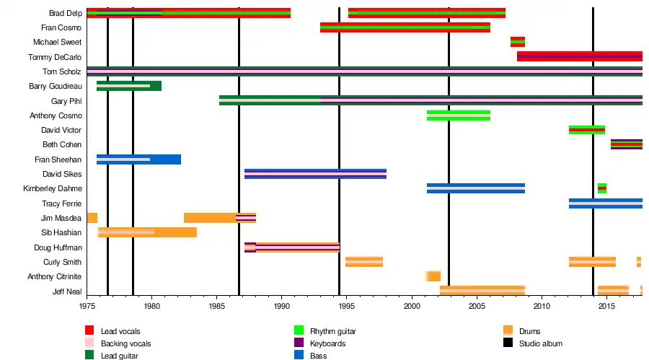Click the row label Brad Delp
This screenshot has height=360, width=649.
65,13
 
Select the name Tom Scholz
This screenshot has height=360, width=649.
61,71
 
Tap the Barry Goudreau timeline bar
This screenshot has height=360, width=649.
129,86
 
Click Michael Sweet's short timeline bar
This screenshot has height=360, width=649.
517,42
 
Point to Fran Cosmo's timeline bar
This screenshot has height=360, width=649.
405,27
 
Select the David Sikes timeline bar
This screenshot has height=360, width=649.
315,174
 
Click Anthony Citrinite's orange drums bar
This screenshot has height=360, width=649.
433,276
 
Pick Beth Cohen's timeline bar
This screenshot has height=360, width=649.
626,144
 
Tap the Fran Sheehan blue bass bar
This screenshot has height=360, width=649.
138,159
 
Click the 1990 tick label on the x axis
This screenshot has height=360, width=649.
282,306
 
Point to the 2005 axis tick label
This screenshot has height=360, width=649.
477,306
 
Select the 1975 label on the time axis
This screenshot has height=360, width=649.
87,306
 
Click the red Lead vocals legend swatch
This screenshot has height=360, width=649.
89,331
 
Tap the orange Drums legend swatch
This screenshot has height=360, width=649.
508,331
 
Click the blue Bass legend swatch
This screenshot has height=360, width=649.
299,355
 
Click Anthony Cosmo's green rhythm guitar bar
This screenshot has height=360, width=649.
458,115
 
